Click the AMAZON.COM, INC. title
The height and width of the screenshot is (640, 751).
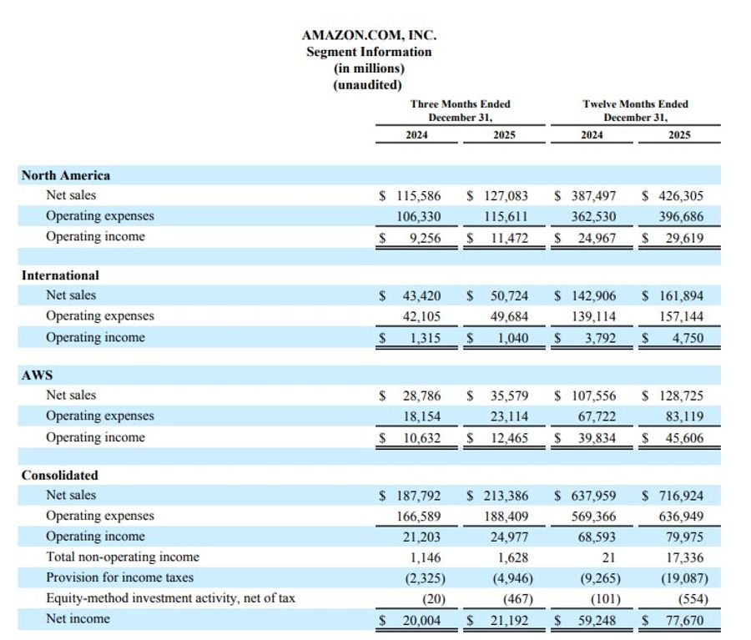coord(368,35)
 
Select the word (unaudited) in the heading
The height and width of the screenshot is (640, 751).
coord(368,84)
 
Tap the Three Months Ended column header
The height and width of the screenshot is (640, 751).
coord(460,104)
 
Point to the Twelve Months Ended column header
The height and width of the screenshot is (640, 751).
coord(635,104)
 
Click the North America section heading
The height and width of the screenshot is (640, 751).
coord(66,175)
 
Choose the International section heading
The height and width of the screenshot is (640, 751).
coord(60,275)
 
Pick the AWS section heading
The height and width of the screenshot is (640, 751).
coord(37,375)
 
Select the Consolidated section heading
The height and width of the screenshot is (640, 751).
coord(59,476)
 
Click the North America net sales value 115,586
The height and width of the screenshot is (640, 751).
coord(418,196)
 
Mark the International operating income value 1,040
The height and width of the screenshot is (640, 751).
coord(508,338)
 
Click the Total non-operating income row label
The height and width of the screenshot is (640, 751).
coord(123,557)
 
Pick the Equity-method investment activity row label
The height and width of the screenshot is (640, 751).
coord(170,597)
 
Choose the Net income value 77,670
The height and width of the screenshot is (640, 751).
coord(681,619)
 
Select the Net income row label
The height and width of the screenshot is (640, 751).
coord(78,618)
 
